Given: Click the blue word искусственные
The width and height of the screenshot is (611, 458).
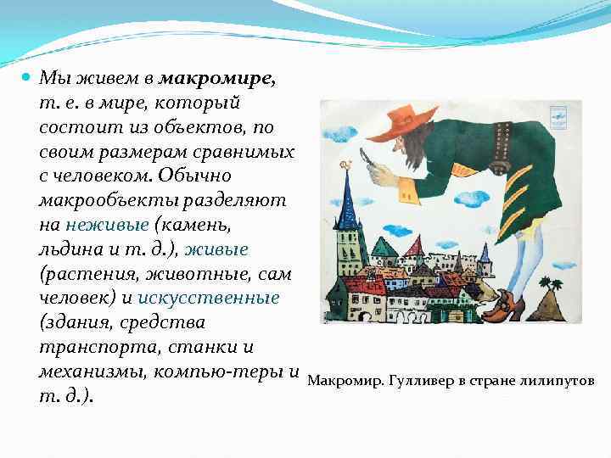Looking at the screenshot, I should [x=209, y=299].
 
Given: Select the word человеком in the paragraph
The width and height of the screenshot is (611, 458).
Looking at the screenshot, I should [x=92, y=177].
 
